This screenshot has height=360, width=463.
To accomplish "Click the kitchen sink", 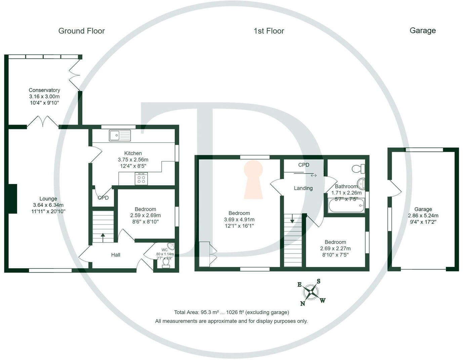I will pos(120,135).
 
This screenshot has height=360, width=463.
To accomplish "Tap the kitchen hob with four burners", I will pos(141,178).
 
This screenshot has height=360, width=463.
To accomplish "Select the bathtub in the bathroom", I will pos(346,206).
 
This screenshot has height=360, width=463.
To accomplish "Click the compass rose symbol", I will pos(311,292).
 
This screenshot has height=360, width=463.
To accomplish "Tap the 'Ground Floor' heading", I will pos(82,31).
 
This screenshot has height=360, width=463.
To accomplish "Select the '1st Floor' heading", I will pos(269,31).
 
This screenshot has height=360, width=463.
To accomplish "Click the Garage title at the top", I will pos(423,31).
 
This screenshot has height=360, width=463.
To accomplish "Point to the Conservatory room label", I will pos(44,90).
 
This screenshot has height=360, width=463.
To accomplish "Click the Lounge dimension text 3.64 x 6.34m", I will pos(48,205).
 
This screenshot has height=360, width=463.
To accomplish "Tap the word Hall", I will pos(116,255).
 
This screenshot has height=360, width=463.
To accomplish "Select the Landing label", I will pos(303,188).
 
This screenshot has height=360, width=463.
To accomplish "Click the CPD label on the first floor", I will pos(304,165).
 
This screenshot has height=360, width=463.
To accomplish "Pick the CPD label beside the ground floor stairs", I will pos(103,198).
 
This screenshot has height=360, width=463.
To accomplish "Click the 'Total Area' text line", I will pos(231,312).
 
